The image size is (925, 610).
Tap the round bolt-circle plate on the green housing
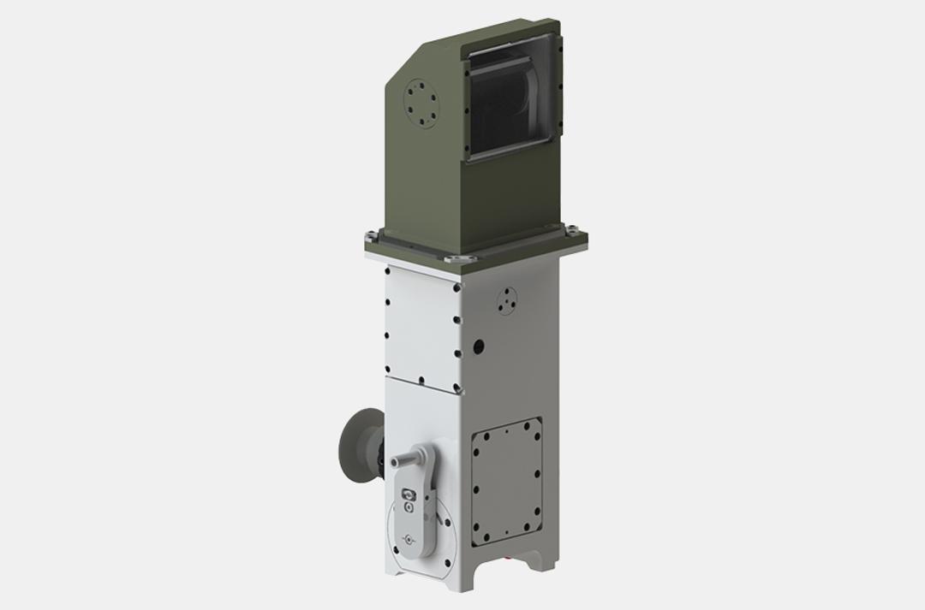[422, 104]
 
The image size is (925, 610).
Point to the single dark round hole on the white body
[478, 346]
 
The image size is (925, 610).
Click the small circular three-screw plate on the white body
[507, 299]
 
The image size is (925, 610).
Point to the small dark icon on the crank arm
[409, 495]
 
